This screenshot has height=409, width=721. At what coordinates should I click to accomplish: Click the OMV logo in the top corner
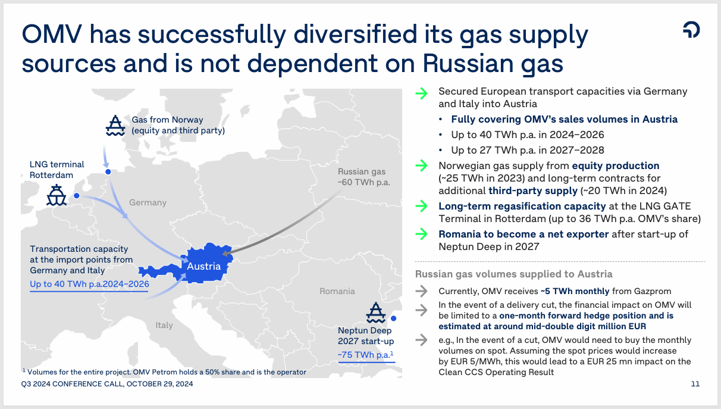click(x=691, y=30)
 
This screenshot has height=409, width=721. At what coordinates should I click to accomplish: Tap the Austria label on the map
click(x=204, y=266)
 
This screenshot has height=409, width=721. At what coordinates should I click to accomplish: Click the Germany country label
click(x=148, y=202)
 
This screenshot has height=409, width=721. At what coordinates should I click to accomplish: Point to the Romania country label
click(x=337, y=291)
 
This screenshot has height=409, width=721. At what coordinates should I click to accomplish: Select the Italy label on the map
click(x=164, y=325)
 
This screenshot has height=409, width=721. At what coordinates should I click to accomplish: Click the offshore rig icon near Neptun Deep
click(x=375, y=313)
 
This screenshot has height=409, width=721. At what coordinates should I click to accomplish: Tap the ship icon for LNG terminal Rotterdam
click(x=57, y=195)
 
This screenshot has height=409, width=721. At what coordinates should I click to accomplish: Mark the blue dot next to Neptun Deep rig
click(x=394, y=319)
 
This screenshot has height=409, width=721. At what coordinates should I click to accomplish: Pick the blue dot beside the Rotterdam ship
click(x=76, y=195)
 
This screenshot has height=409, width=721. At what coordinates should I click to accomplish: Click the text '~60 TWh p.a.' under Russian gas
click(x=363, y=182)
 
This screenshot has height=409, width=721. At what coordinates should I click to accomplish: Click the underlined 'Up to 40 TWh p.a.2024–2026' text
click(x=89, y=285)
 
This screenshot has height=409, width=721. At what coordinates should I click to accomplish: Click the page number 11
click(x=695, y=384)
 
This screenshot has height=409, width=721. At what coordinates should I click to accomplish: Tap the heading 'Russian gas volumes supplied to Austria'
click(x=513, y=274)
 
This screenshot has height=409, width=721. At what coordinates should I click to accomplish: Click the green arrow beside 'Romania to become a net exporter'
click(x=421, y=234)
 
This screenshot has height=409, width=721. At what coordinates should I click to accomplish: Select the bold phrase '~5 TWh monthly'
click(x=575, y=291)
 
